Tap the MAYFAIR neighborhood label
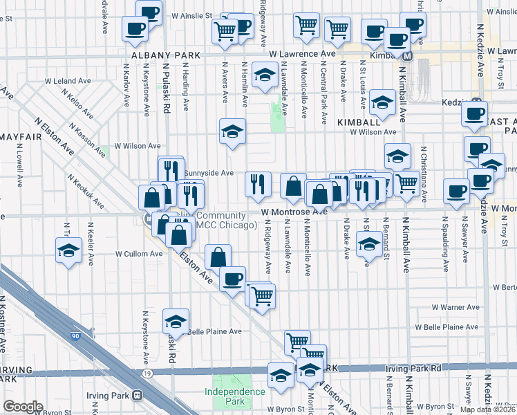tap(20, 137)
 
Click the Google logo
tap(22, 407)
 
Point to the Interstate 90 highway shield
tap(75, 335)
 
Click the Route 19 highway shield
tap(147, 373)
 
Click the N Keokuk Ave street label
tap(86, 191)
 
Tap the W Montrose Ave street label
tap(294, 212)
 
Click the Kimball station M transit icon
tap(408, 55)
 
